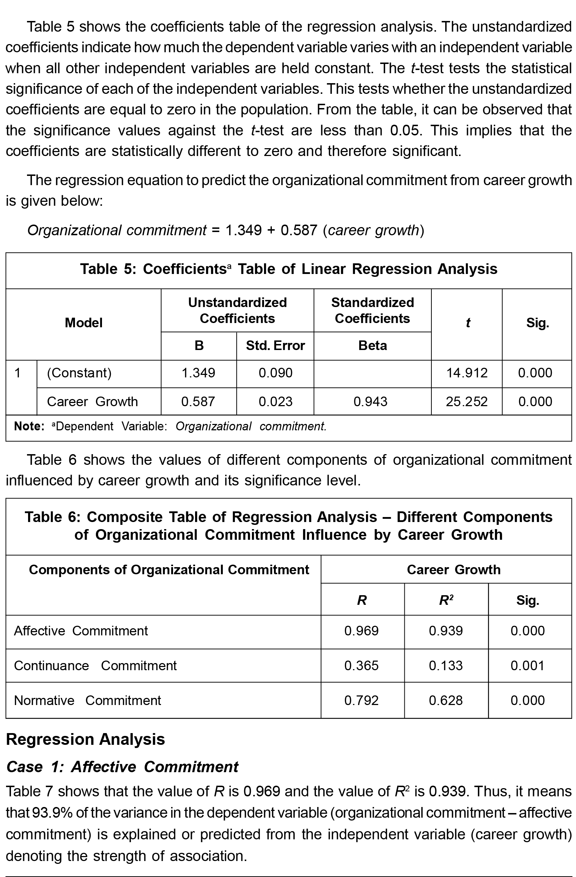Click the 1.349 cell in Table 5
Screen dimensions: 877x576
point(198,373)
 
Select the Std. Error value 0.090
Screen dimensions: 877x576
point(275,373)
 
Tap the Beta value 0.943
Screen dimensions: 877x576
point(370,401)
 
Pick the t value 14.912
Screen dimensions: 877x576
point(467,373)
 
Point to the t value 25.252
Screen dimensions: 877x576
point(467,401)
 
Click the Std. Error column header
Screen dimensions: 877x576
point(275,346)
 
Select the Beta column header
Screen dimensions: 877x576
point(373,346)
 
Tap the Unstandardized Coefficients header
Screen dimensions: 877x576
point(237,310)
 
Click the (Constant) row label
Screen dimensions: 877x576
point(79,373)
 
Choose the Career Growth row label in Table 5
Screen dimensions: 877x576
point(92,401)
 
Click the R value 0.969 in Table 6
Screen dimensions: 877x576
point(361,630)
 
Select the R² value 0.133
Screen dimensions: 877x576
point(446,666)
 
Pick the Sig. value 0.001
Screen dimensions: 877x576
point(527,666)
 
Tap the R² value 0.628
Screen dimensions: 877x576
point(446,700)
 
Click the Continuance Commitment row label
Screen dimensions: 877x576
point(95,666)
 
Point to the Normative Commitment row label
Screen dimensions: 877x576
point(87,700)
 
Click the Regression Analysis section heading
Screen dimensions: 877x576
point(86,739)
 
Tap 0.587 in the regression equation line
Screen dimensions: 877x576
point(298,230)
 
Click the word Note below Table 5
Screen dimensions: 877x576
point(28,426)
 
